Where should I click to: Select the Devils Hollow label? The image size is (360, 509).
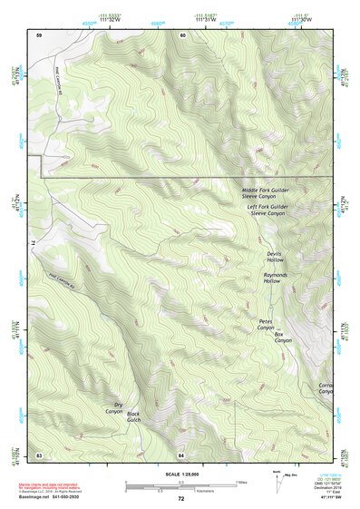coord(275,257)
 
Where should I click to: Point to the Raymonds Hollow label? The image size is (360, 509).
coord(275,278)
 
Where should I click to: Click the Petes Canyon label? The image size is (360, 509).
coord(265,324)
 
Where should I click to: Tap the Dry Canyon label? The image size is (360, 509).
coord(113,408)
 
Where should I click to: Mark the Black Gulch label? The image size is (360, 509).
coord(133,416)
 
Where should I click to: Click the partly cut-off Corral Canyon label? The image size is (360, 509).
coord(326,388)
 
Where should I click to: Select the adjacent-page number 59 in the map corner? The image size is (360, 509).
coord(39,35)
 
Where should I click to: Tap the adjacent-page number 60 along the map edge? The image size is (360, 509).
coord(181,35)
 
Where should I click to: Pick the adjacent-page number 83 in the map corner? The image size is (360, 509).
coord(39,453)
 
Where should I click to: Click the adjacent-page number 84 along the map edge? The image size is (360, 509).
coord(181,453)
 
